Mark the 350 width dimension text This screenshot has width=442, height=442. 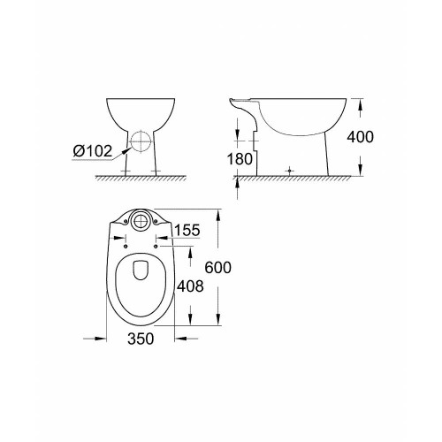coord(140,338)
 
